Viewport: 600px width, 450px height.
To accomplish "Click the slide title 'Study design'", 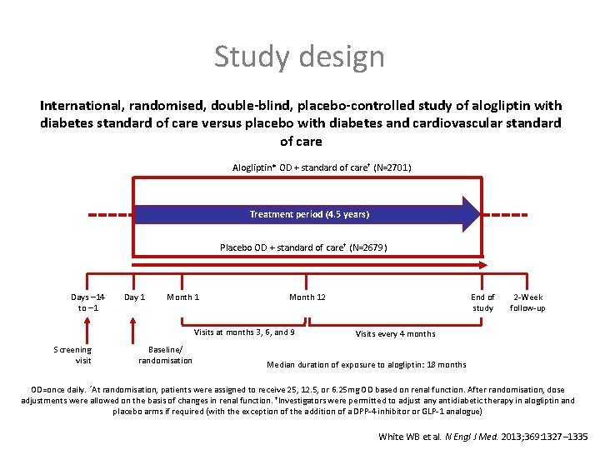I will (299, 57).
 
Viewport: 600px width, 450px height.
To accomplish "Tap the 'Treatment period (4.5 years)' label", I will (309, 214).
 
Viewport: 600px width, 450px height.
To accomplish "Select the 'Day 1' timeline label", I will (134, 297).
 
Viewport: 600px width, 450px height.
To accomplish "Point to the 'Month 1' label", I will (182, 297).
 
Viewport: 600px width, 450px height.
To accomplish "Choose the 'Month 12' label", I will (307, 297).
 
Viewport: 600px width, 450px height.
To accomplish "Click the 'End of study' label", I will (482, 302).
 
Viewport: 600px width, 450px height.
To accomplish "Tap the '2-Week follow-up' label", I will (527, 302).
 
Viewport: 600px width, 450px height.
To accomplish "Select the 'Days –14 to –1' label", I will (88, 302).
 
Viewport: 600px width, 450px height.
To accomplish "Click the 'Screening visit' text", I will (72, 355).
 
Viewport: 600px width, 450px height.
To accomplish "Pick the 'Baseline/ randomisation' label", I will (165, 355).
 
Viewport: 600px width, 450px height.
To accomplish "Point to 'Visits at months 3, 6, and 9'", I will (244, 332).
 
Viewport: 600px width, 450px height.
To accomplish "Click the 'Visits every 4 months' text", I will (395, 334).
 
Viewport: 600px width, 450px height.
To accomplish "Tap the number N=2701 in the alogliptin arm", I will (391, 168).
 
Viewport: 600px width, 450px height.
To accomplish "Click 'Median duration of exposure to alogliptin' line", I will (366, 364).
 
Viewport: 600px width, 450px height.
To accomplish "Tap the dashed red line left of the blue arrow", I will (108, 213).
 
